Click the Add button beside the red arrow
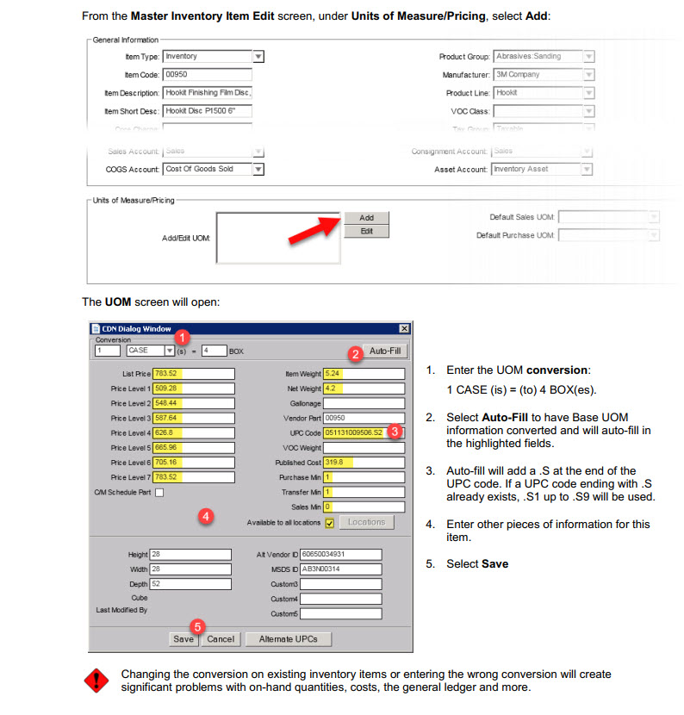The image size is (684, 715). pyautogui.click(x=367, y=218)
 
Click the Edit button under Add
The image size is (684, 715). pyautogui.click(x=367, y=231)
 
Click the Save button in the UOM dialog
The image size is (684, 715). pyautogui.click(x=183, y=639)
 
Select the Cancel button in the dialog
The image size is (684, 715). pyautogui.click(x=221, y=639)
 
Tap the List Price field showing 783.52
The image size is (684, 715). pyautogui.click(x=194, y=374)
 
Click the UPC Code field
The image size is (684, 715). pyautogui.click(x=364, y=432)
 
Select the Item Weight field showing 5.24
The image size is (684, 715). pyautogui.click(x=364, y=374)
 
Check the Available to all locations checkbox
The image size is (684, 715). pyautogui.click(x=329, y=522)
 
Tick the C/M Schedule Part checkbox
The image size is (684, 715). pyautogui.click(x=159, y=492)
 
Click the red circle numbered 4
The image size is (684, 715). pyautogui.click(x=205, y=516)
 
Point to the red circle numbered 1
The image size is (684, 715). pyautogui.click(x=183, y=339)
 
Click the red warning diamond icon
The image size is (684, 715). pyautogui.click(x=96, y=681)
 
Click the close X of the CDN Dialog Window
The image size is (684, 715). pyautogui.click(x=404, y=328)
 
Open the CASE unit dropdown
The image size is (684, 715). pyautogui.click(x=170, y=351)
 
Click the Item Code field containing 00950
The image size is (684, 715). pyautogui.click(x=207, y=75)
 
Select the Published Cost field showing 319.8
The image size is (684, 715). pyautogui.click(x=364, y=462)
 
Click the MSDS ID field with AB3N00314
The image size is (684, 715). pyautogui.click(x=340, y=569)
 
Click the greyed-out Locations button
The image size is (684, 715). pyautogui.click(x=366, y=522)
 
